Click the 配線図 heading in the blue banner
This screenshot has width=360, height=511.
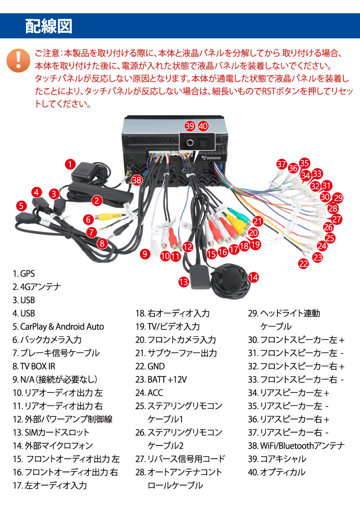[48, 26]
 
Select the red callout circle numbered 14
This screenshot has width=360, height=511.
[253, 277]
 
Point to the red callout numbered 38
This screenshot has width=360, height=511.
[137, 181]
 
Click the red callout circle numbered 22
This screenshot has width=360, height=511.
[304, 264]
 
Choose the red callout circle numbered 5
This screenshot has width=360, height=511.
[21, 206]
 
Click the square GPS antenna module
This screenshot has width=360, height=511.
[87, 173]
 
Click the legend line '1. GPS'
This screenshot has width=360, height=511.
[24, 274]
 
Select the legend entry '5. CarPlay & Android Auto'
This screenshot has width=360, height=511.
[58, 327]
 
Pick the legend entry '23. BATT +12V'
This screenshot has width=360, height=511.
[160, 380]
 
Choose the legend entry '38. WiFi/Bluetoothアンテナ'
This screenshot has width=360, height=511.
[296, 445]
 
